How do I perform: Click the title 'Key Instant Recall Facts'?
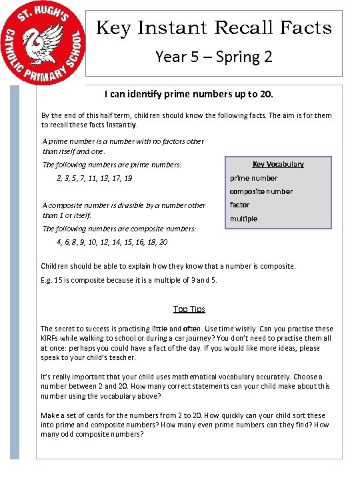pyautogui.click(x=214, y=28)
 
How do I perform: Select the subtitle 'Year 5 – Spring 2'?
pyautogui.click(x=213, y=56)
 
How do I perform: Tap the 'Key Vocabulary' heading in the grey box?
pyautogui.click(x=278, y=164)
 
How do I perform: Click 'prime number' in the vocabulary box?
pyautogui.click(x=253, y=178)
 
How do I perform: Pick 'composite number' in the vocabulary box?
pyautogui.click(x=261, y=191)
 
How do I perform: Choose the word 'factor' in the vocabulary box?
pyautogui.click(x=240, y=205)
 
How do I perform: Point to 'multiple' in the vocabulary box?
pyautogui.click(x=243, y=219)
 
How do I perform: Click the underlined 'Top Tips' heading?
pyautogui.click(x=189, y=309)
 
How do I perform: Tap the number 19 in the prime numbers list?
pyautogui.click(x=128, y=178)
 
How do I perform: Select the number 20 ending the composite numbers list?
pyautogui.click(x=163, y=242)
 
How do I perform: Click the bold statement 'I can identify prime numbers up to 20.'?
pyautogui.click(x=189, y=95)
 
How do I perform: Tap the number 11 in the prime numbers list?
pyautogui.click(x=93, y=178)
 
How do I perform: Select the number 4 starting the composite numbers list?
pyautogui.click(x=59, y=242)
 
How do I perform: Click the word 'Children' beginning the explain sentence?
pyautogui.click(x=56, y=266)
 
